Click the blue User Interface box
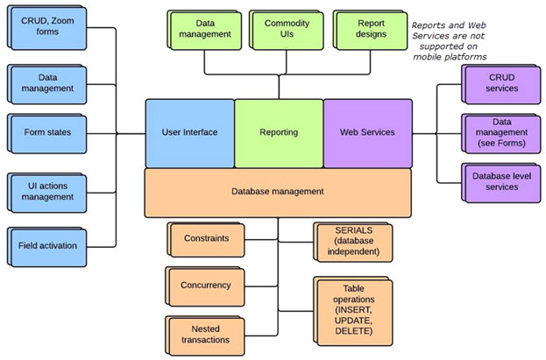[189, 133]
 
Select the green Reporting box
[279, 133]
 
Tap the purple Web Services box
[367, 133]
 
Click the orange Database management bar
[279, 192]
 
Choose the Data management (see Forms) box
[500, 133]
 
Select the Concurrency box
[206, 286]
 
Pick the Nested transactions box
[206, 334]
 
